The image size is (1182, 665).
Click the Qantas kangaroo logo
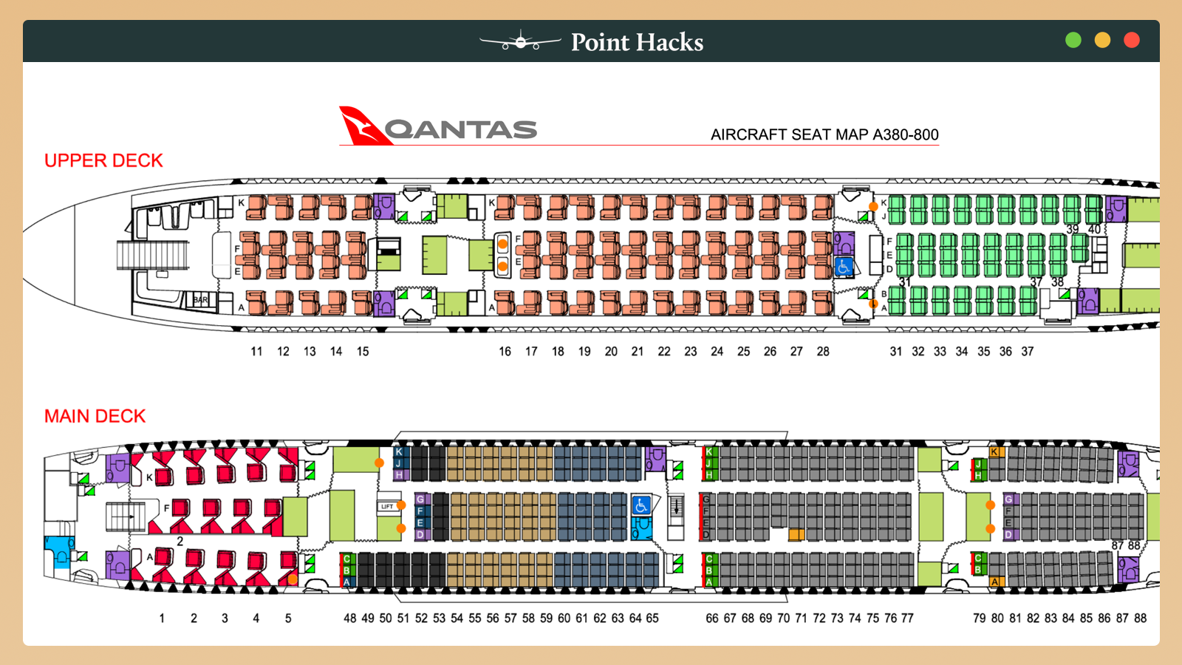click(363, 126)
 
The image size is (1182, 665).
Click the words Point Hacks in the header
click(637, 42)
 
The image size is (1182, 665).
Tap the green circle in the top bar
click(1073, 41)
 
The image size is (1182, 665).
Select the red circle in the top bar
click(1131, 41)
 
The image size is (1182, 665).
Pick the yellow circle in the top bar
click(1102, 41)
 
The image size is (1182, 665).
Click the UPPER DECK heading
click(103, 160)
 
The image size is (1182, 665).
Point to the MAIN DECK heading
click(95, 416)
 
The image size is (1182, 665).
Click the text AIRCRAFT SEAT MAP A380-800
click(824, 134)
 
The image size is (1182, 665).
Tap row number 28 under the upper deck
click(823, 352)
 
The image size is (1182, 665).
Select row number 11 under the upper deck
click(256, 352)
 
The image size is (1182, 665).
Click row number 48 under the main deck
click(350, 618)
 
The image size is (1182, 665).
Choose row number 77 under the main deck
click(907, 618)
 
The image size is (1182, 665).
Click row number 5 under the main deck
click(288, 618)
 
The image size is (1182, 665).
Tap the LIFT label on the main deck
click(387, 507)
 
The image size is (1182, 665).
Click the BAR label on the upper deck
click(200, 300)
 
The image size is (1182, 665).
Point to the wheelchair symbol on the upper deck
click(844, 267)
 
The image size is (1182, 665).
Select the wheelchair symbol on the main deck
click(641, 505)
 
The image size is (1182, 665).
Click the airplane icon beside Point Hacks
click(520, 42)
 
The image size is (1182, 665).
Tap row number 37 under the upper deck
click(1028, 352)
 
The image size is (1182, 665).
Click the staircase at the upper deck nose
click(152, 256)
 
